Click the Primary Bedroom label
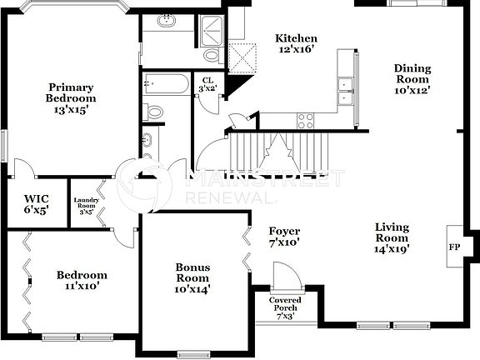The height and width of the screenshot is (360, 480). click(69, 97)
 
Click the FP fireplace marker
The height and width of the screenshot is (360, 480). click(453, 247)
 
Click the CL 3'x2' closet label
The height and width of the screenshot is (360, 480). click(207, 84)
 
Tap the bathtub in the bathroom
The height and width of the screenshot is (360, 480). click(167, 83)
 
